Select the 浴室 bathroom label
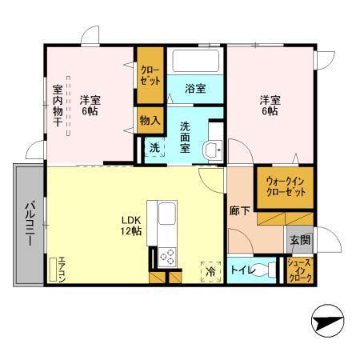tap(197, 89)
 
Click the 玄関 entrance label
tap(301, 239)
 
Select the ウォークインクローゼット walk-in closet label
tap(283, 186)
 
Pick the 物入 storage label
tap(149, 121)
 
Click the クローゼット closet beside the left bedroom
tap(150, 76)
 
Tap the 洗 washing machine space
tap(154, 148)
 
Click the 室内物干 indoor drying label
tap(58, 110)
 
